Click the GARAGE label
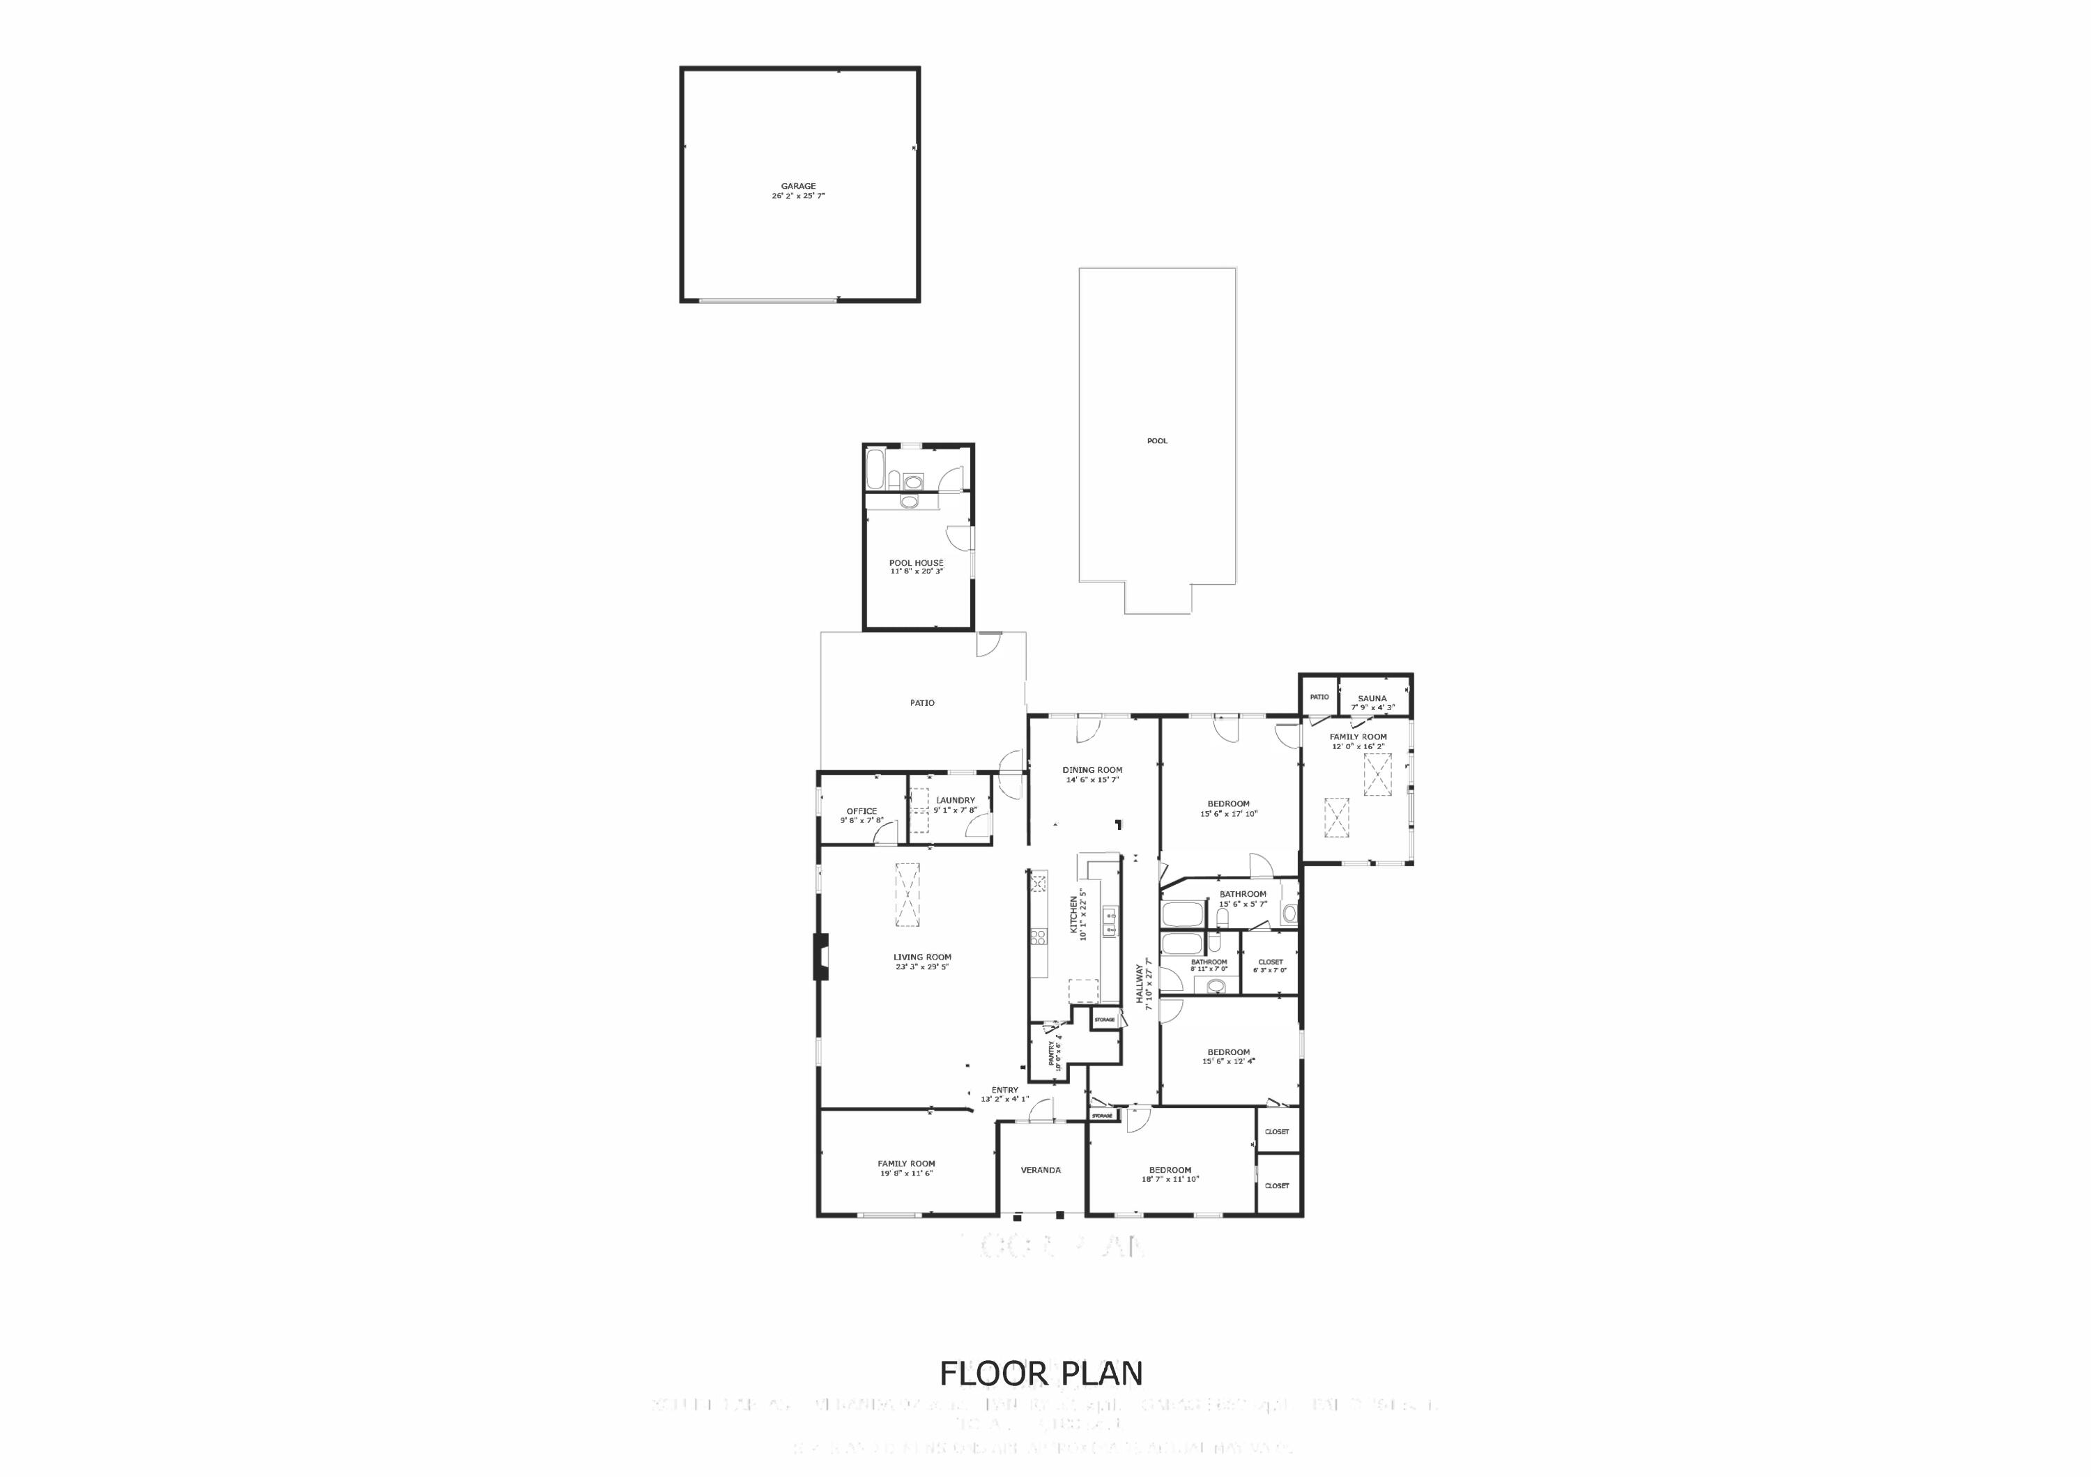tap(798, 187)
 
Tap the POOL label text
tap(1156, 441)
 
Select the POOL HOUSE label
tap(916, 563)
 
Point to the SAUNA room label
tap(1372, 698)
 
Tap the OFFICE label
tap(861, 811)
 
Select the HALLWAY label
tap(1138, 983)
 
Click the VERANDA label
tap(1040, 1170)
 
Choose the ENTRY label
tap(1004, 1090)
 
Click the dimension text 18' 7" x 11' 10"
tap(1170, 1179)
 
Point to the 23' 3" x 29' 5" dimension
tap(921, 967)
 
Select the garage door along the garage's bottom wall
tap(767, 300)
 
